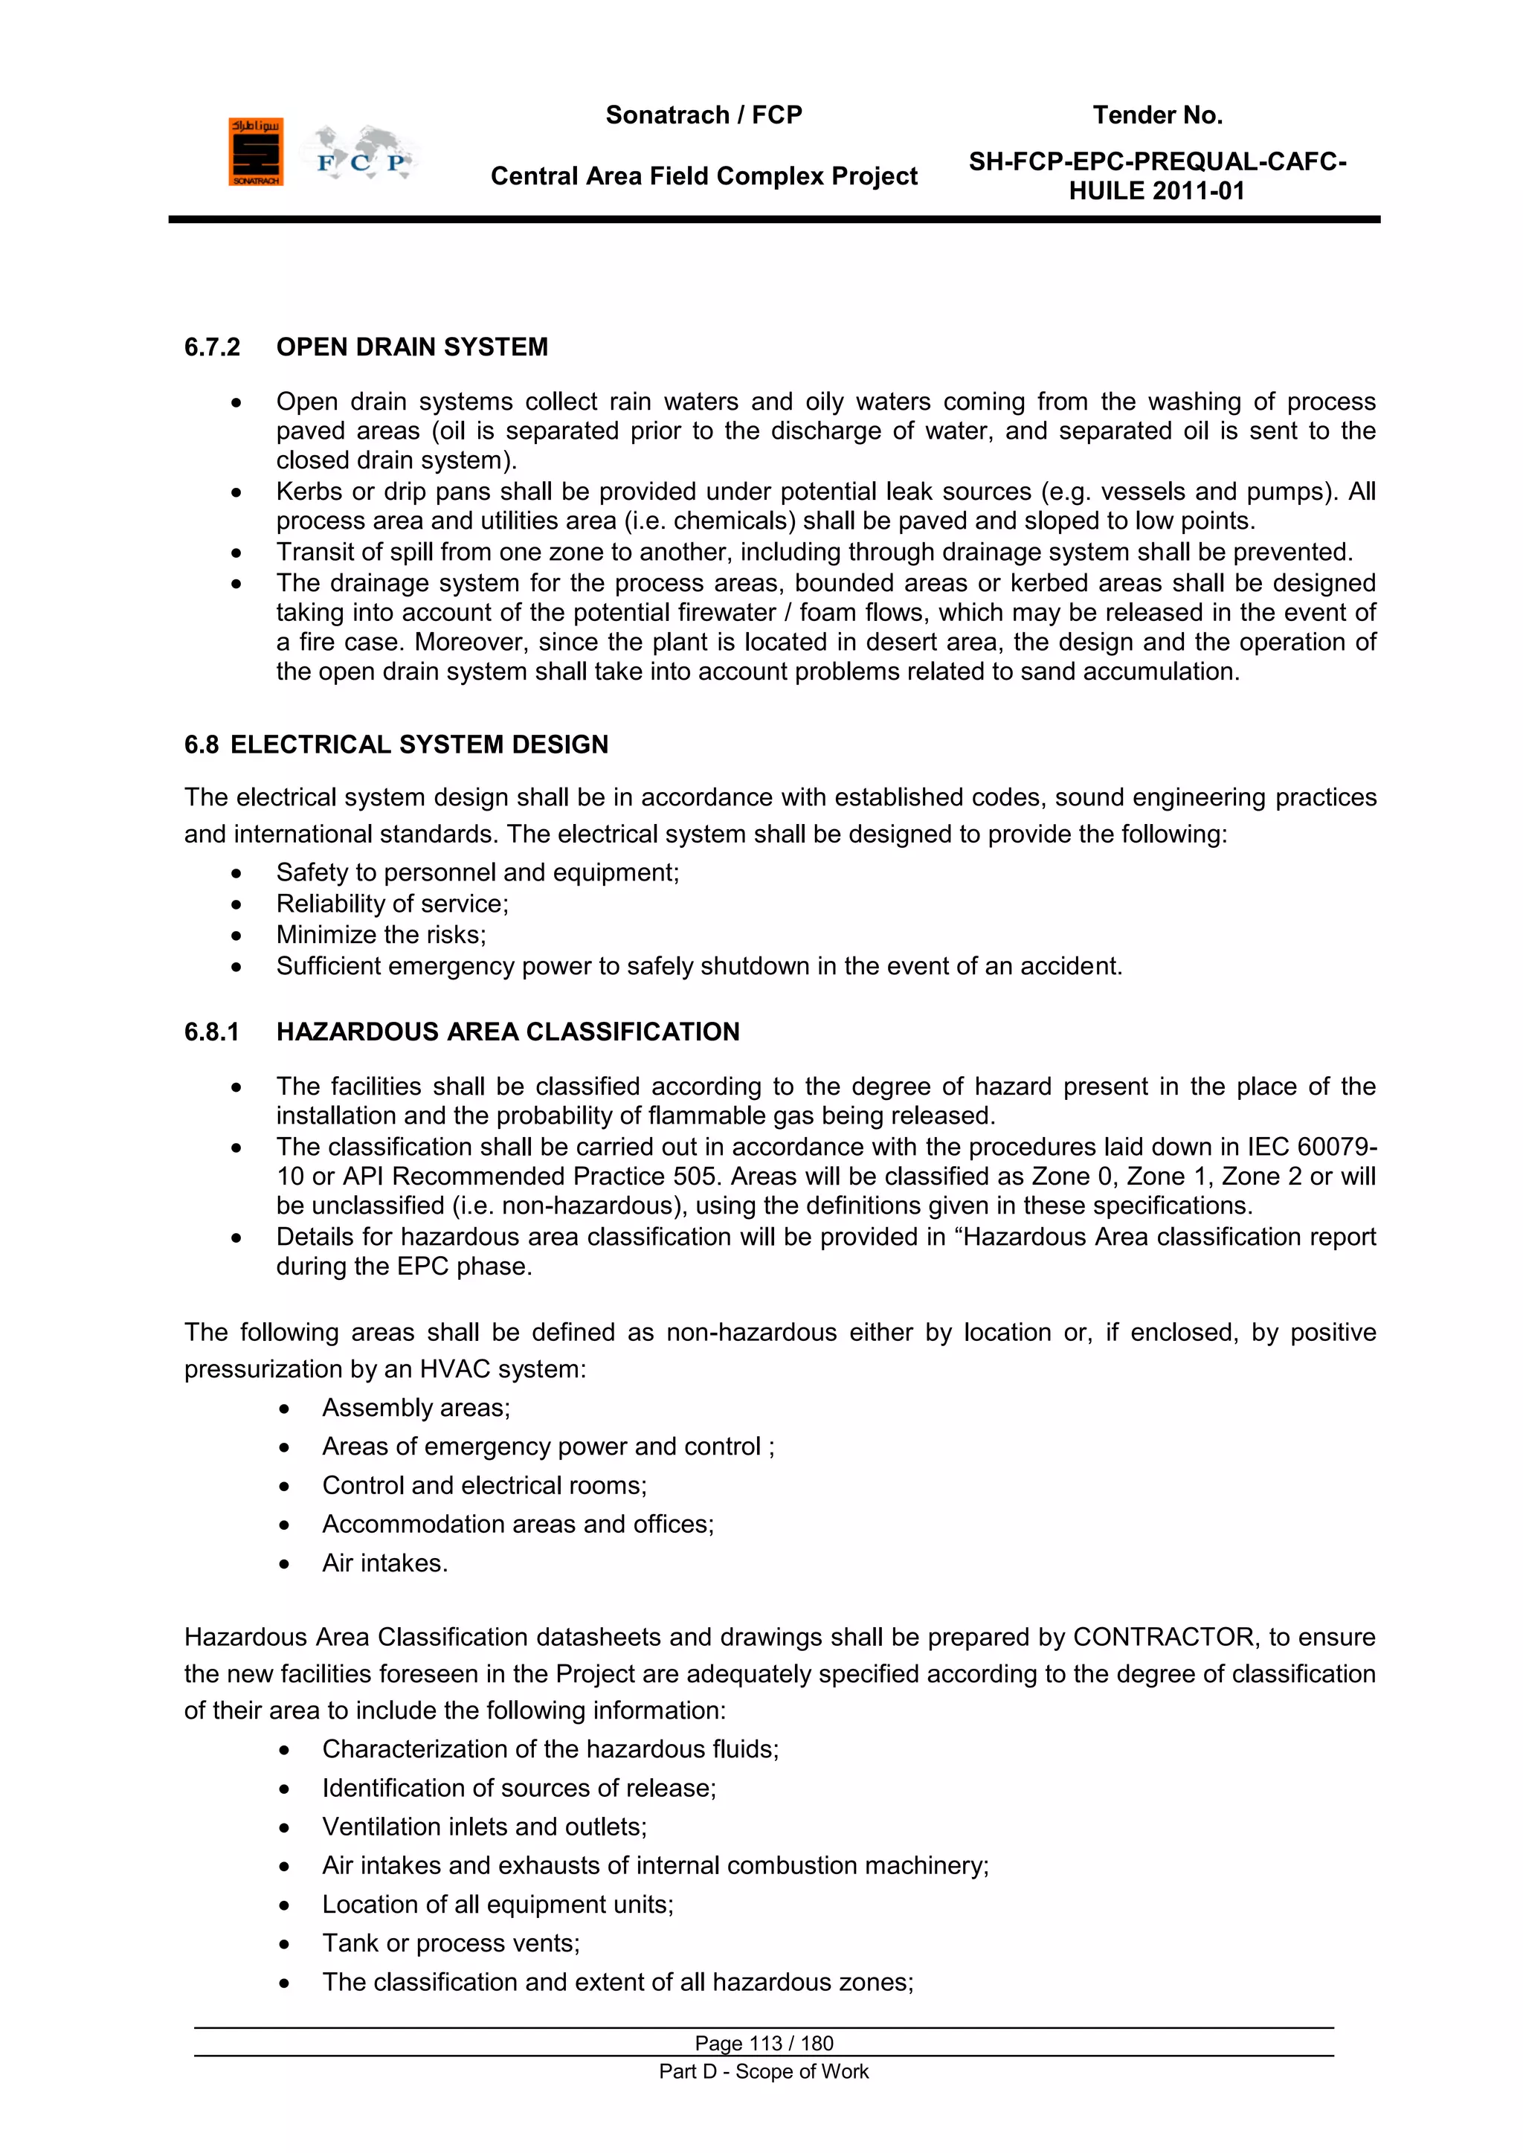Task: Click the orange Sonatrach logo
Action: pos(255,152)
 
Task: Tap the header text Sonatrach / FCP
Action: pos(703,115)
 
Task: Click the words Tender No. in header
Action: pos(1156,115)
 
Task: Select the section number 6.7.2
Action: pos(212,347)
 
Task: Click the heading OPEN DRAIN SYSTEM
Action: pos(412,347)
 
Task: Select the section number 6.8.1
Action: pos(212,1032)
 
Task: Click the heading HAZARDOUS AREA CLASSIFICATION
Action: pos(507,1032)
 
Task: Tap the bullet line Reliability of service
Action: pos(392,904)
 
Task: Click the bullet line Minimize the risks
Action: pos(381,935)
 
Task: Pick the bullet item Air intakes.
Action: pos(384,1563)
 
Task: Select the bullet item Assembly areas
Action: pos(416,1408)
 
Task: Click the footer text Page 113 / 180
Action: pos(764,2043)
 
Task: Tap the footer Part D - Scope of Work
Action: pos(764,2071)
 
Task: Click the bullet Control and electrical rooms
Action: pos(484,1485)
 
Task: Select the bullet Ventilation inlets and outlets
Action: pos(484,1827)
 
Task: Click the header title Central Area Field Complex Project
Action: pos(703,176)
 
